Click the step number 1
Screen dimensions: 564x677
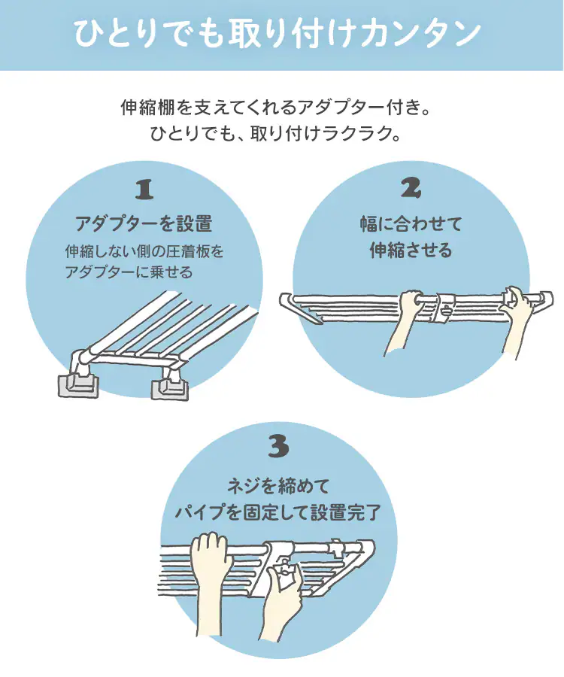click(x=144, y=190)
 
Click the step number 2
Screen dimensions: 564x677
click(x=411, y=188)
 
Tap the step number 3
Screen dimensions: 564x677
click(x=278, y=446)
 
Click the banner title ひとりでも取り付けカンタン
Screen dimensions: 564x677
click(x=277, y=34)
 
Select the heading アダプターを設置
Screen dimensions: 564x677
click(x=144, y=223)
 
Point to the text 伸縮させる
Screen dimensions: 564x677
click(x=411, y=250)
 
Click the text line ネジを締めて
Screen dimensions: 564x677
click(x=278, y=487)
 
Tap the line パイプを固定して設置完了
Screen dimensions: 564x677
click(x=278, y=512)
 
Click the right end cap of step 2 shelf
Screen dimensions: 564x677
click(x=545, y=300)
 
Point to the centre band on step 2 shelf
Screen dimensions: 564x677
click(x=443, y=308)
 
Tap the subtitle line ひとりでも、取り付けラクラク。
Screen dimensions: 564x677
click(x=277, y=133)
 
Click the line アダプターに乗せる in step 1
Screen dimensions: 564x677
click(x=129, y=272)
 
